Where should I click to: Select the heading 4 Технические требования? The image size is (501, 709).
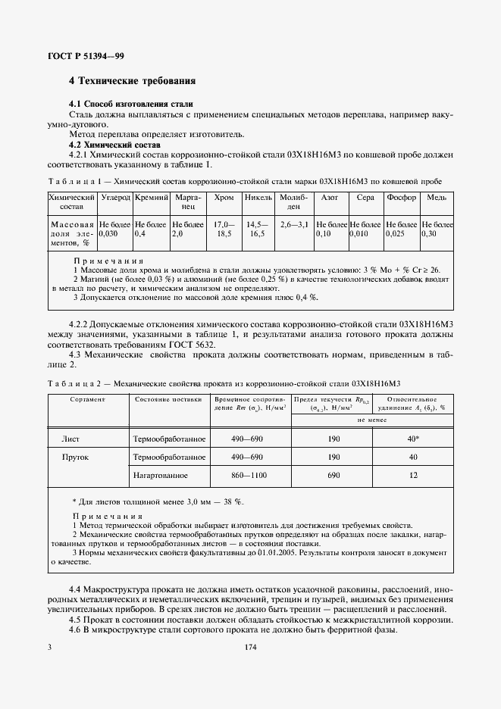click(x=132, y=80)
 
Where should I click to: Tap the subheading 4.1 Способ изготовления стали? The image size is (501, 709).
click(x=130, y=104)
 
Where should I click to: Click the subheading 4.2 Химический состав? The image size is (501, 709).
click(x=111, y=144)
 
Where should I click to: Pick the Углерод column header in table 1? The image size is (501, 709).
click(x=116, y=196)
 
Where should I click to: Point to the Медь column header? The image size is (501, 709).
click(x=437, y=196)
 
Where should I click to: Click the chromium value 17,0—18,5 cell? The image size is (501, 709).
click(x=224, y=230)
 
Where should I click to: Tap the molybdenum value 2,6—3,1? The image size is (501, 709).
click(x=294, y=225)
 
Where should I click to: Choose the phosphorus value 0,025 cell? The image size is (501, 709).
click(x=401, y=230)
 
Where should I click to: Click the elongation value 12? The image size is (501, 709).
click(x=413, y=475)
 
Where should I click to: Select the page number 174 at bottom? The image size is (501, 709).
click(x=250, y=648)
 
